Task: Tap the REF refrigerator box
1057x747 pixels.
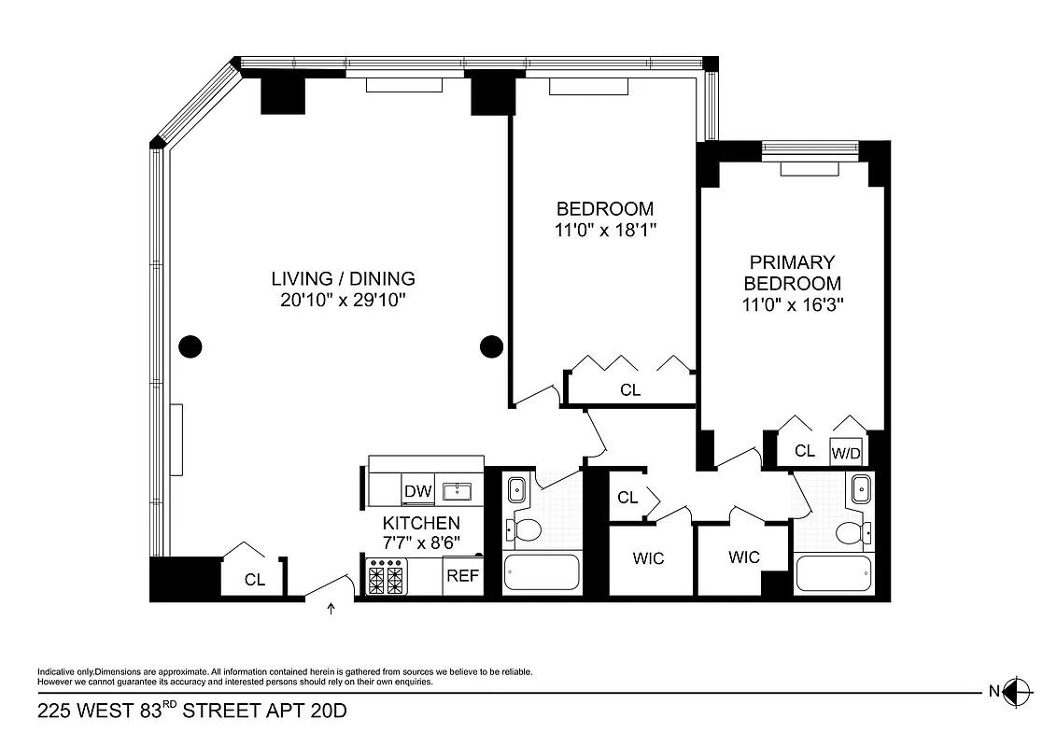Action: pyautogui.click(x=462, y=576)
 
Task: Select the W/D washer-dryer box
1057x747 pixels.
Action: pyautogui.click(x=846, y=453)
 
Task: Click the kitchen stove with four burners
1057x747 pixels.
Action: pyautogui.click(x=388, y=577)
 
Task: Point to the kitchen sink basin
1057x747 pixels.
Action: pyautogui.click(x=458, y=491)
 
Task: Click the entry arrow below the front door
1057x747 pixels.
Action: pyautogui.click(x=331, y=611)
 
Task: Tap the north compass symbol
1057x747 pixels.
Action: pyautogui.click(x=1019, y=692)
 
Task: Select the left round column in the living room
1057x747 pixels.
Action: pyautogui.click(x=190, y=346)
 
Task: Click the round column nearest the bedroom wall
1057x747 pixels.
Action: pyautogui.click(x=491, y=346)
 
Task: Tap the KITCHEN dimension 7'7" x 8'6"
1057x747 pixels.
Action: pyautogui.click(x=421, y=543)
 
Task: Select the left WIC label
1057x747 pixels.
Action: pyautogui.click(x=648, y=558)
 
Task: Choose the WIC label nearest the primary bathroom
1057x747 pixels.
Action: pyautogui.click(x=744, y=557)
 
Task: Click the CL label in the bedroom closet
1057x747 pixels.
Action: pyautogui.click(x=630, y=390)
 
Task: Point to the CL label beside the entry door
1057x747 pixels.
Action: pyautogui.click(x=255, y=579)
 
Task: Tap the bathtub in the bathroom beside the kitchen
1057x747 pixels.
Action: pyautogui.click(x=541, y=571)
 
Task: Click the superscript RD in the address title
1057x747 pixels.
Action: pyautogui.click(x=170, y=705)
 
